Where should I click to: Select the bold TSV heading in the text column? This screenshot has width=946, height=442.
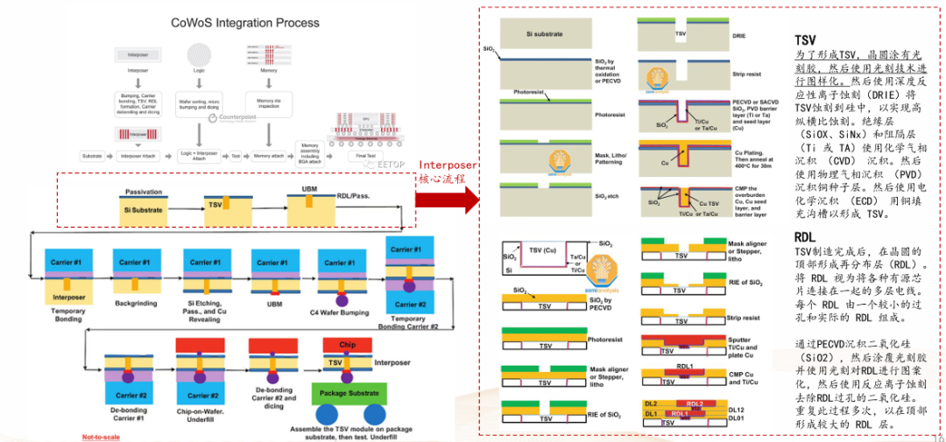805,40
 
